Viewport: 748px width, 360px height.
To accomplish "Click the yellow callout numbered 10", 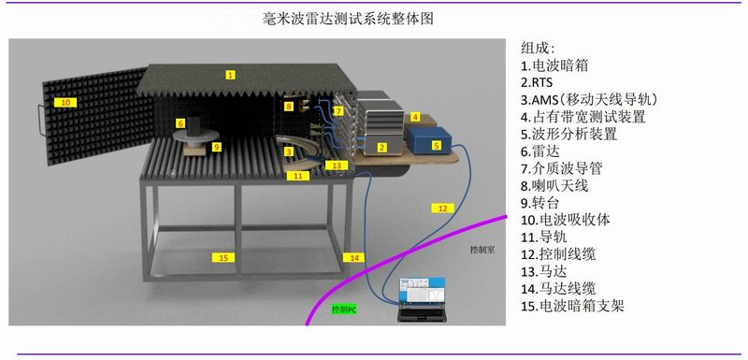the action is pyautogui.click(x=65, y=103).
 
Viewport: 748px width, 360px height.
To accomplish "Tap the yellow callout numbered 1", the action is pyautogui.click(x=231, y=75).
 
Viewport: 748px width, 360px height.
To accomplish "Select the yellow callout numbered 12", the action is pyautogui.click(x=442, y=208).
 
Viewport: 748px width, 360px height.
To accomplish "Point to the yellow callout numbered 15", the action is pyautogui.click(x=223, y=257).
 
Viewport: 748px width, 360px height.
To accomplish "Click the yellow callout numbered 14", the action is pyautogui.click(x=353, y=257).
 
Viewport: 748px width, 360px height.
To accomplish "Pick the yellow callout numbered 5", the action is pyautogui.click(x=436, y=146).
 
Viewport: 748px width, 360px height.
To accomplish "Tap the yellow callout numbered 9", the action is pyautogui.click(x=217, y=147).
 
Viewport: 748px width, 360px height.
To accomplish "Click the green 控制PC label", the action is pyautogui.click(x=344, y=310).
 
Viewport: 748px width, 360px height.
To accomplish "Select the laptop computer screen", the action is pyautogui.click(x=423, y=291).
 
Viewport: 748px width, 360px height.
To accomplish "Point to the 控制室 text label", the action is pyautogui.click(x=482, y=250).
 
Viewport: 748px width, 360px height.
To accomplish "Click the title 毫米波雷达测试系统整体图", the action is pyautogui.click(x=348, y=19).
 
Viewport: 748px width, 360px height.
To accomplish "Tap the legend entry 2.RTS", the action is pyautogui.click(x=536, y=82).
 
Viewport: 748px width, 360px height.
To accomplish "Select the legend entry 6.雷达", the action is pyautogui.click(x=540, y=151).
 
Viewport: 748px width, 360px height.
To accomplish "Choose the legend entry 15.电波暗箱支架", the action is pyautogui.click(x=572, y=305).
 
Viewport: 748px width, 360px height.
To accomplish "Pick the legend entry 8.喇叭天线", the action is pyautogui.click(x=554, y=185).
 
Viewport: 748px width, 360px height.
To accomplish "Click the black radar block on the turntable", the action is pyautogui.click(x=194, y=125).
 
